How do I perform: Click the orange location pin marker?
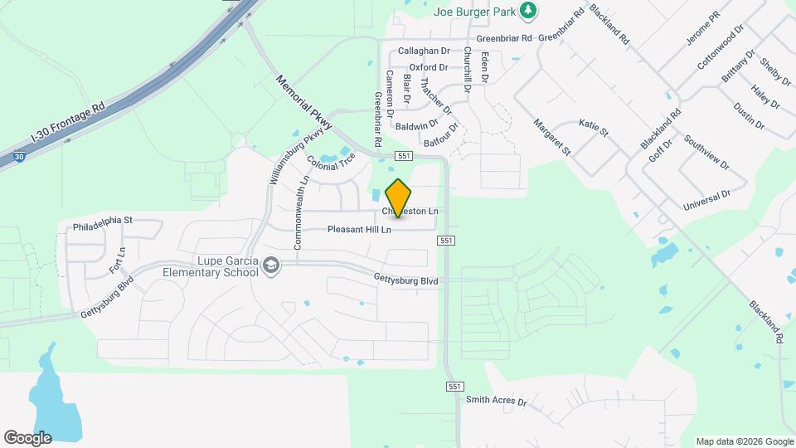pos(399,197)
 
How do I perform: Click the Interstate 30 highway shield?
pos(19,155)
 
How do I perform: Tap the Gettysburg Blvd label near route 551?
pos(405,280)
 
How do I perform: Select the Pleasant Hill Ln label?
pos(358,229)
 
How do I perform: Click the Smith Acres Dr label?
pos(496,402)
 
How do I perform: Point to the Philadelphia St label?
pos(103,221)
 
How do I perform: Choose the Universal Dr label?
pos(706,200)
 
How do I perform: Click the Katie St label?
pos(594,127)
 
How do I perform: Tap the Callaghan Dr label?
pos(424,51)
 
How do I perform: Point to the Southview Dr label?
pos(706,152)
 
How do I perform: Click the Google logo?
pos(27,437)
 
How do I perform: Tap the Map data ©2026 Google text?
pos(743,441)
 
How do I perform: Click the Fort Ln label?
pos(117,261)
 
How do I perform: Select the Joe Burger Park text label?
pos(474,12)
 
